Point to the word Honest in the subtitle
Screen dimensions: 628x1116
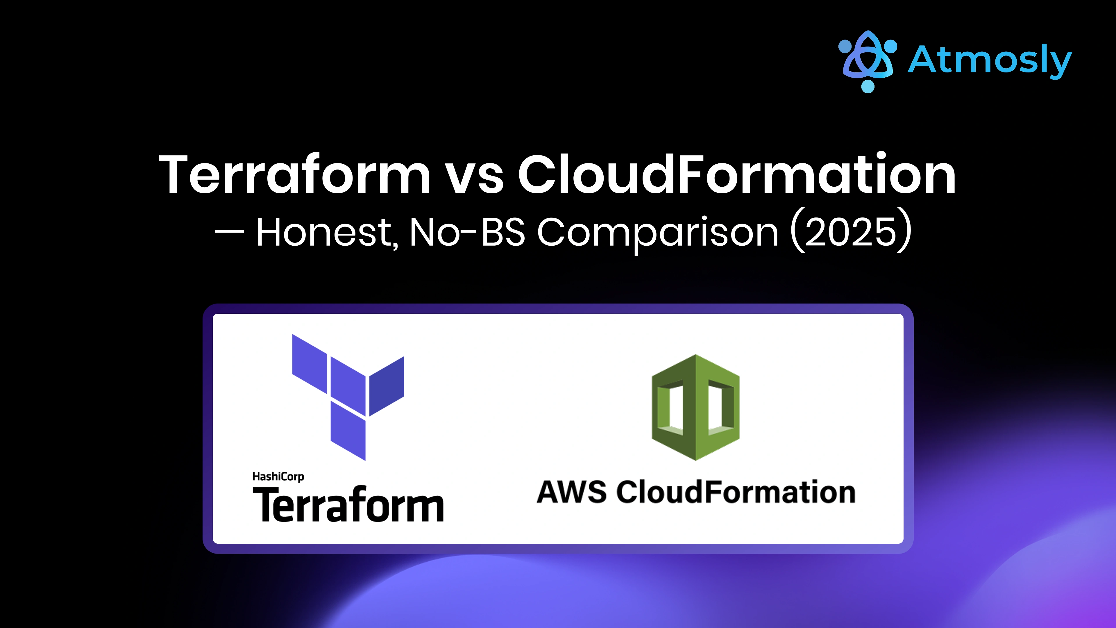tap(323, 233)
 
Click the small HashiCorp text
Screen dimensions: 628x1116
tap(278, 477)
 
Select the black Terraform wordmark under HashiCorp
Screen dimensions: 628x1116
tap(348, 505)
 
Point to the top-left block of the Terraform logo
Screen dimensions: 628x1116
tap(309, 363)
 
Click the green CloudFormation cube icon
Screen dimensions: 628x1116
tap(695, 407)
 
